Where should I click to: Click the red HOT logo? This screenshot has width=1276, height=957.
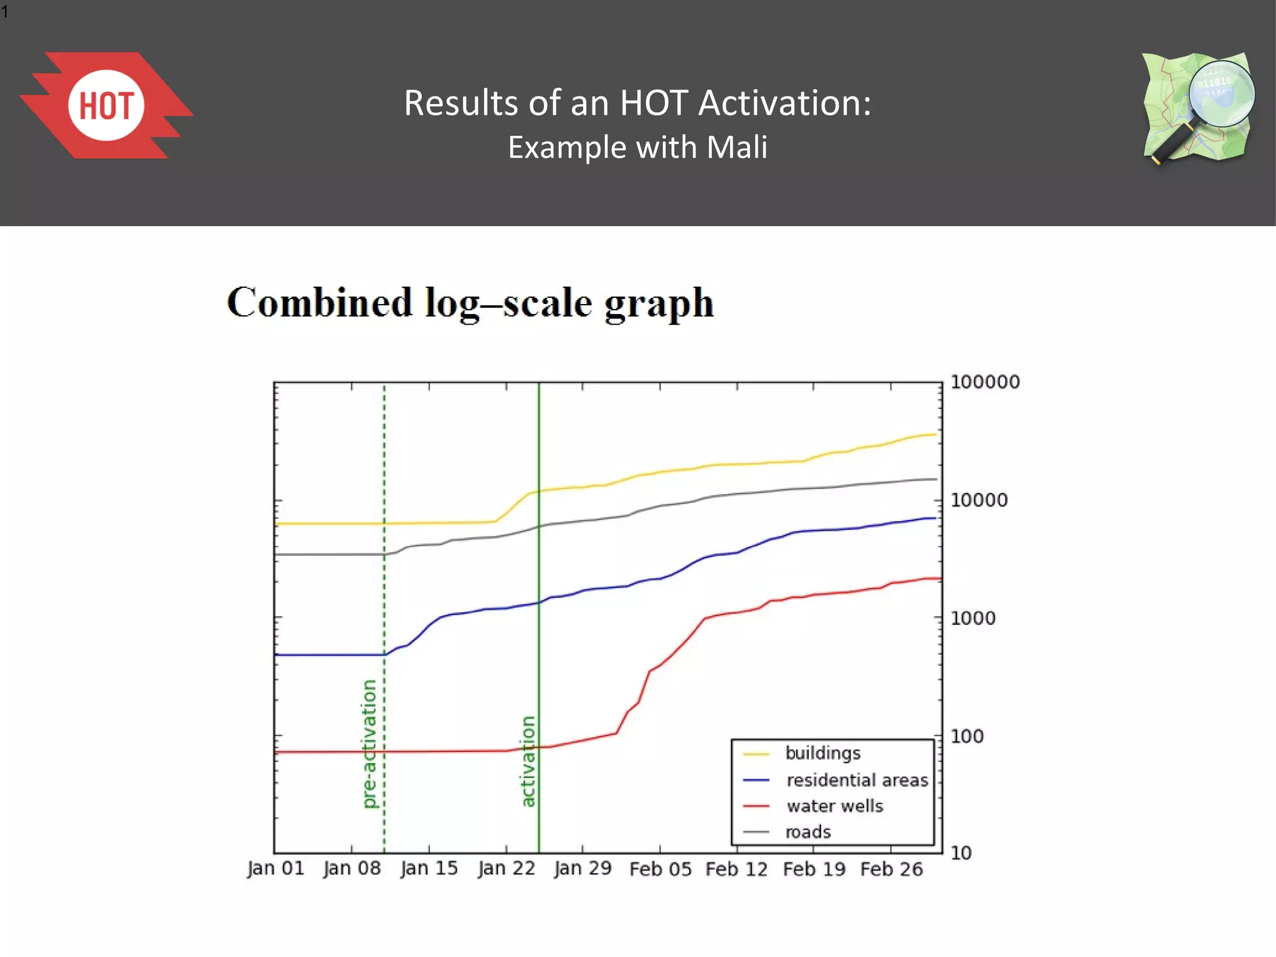point(107,105)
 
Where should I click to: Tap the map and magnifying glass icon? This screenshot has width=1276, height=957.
point(1197,108)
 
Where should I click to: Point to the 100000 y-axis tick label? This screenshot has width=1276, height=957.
point(985,382)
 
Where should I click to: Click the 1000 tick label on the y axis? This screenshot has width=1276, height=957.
point(973,618)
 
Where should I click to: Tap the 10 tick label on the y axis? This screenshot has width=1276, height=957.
point(961,853)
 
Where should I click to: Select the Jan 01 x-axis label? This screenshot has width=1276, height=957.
point(275,869)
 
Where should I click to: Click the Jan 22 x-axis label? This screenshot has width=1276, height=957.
point(507,869)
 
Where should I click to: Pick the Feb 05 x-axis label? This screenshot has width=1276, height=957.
point(660,869)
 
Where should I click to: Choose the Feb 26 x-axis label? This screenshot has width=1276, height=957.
point(891,869)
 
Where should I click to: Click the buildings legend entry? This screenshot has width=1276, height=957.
point(822,753)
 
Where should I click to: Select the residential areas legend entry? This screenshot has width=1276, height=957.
point(857,780)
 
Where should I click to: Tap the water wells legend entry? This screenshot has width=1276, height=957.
point(835,806)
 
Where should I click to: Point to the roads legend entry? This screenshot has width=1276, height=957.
point(808,832)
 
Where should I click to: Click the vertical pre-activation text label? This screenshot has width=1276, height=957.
point(369,744)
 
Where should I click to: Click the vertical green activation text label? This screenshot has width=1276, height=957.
point(528,761)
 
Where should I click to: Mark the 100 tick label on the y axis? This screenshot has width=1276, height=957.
point(967,736)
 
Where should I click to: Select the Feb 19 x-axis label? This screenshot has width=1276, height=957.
point(814,869)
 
